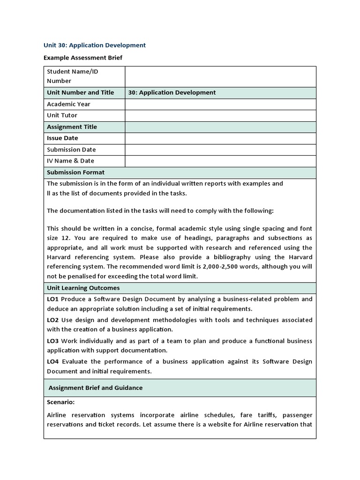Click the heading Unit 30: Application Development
pyautogui.click(x=95, y=45)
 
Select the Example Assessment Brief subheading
pyautogui.click(x=83, y=58)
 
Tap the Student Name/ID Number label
pyautogui.click(x=72, y=76)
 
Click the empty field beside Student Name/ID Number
pyautogui.click(x=220, y=76)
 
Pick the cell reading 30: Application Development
pyautogui.click(x=172, y=93)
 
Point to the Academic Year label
pyautogui.click(x=68, y=104)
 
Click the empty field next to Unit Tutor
pyautogui.click(x=220, y=115)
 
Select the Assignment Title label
pyautogui.click(x=72, y=127)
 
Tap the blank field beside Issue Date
pyautogui.click(x=220, y=138)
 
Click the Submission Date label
pyautogui.click(x=71, y=150)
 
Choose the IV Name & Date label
pyautogui.click(x=70, y=161)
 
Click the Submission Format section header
pyautogui.click(x=75, y=172)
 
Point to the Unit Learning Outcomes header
pyautogui.click(x=83, y=288)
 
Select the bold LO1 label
pyautogui.click(x=52, y=299)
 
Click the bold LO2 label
pyautogui.click(x=52, y=320)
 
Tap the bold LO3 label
pyautogui.click(x=52, y=341)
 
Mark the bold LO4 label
pyautogui.click(x=52, y=362)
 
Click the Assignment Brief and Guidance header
pyautogui.click(x=96, y=388)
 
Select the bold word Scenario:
pyautogui.click(x=60, y=402)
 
